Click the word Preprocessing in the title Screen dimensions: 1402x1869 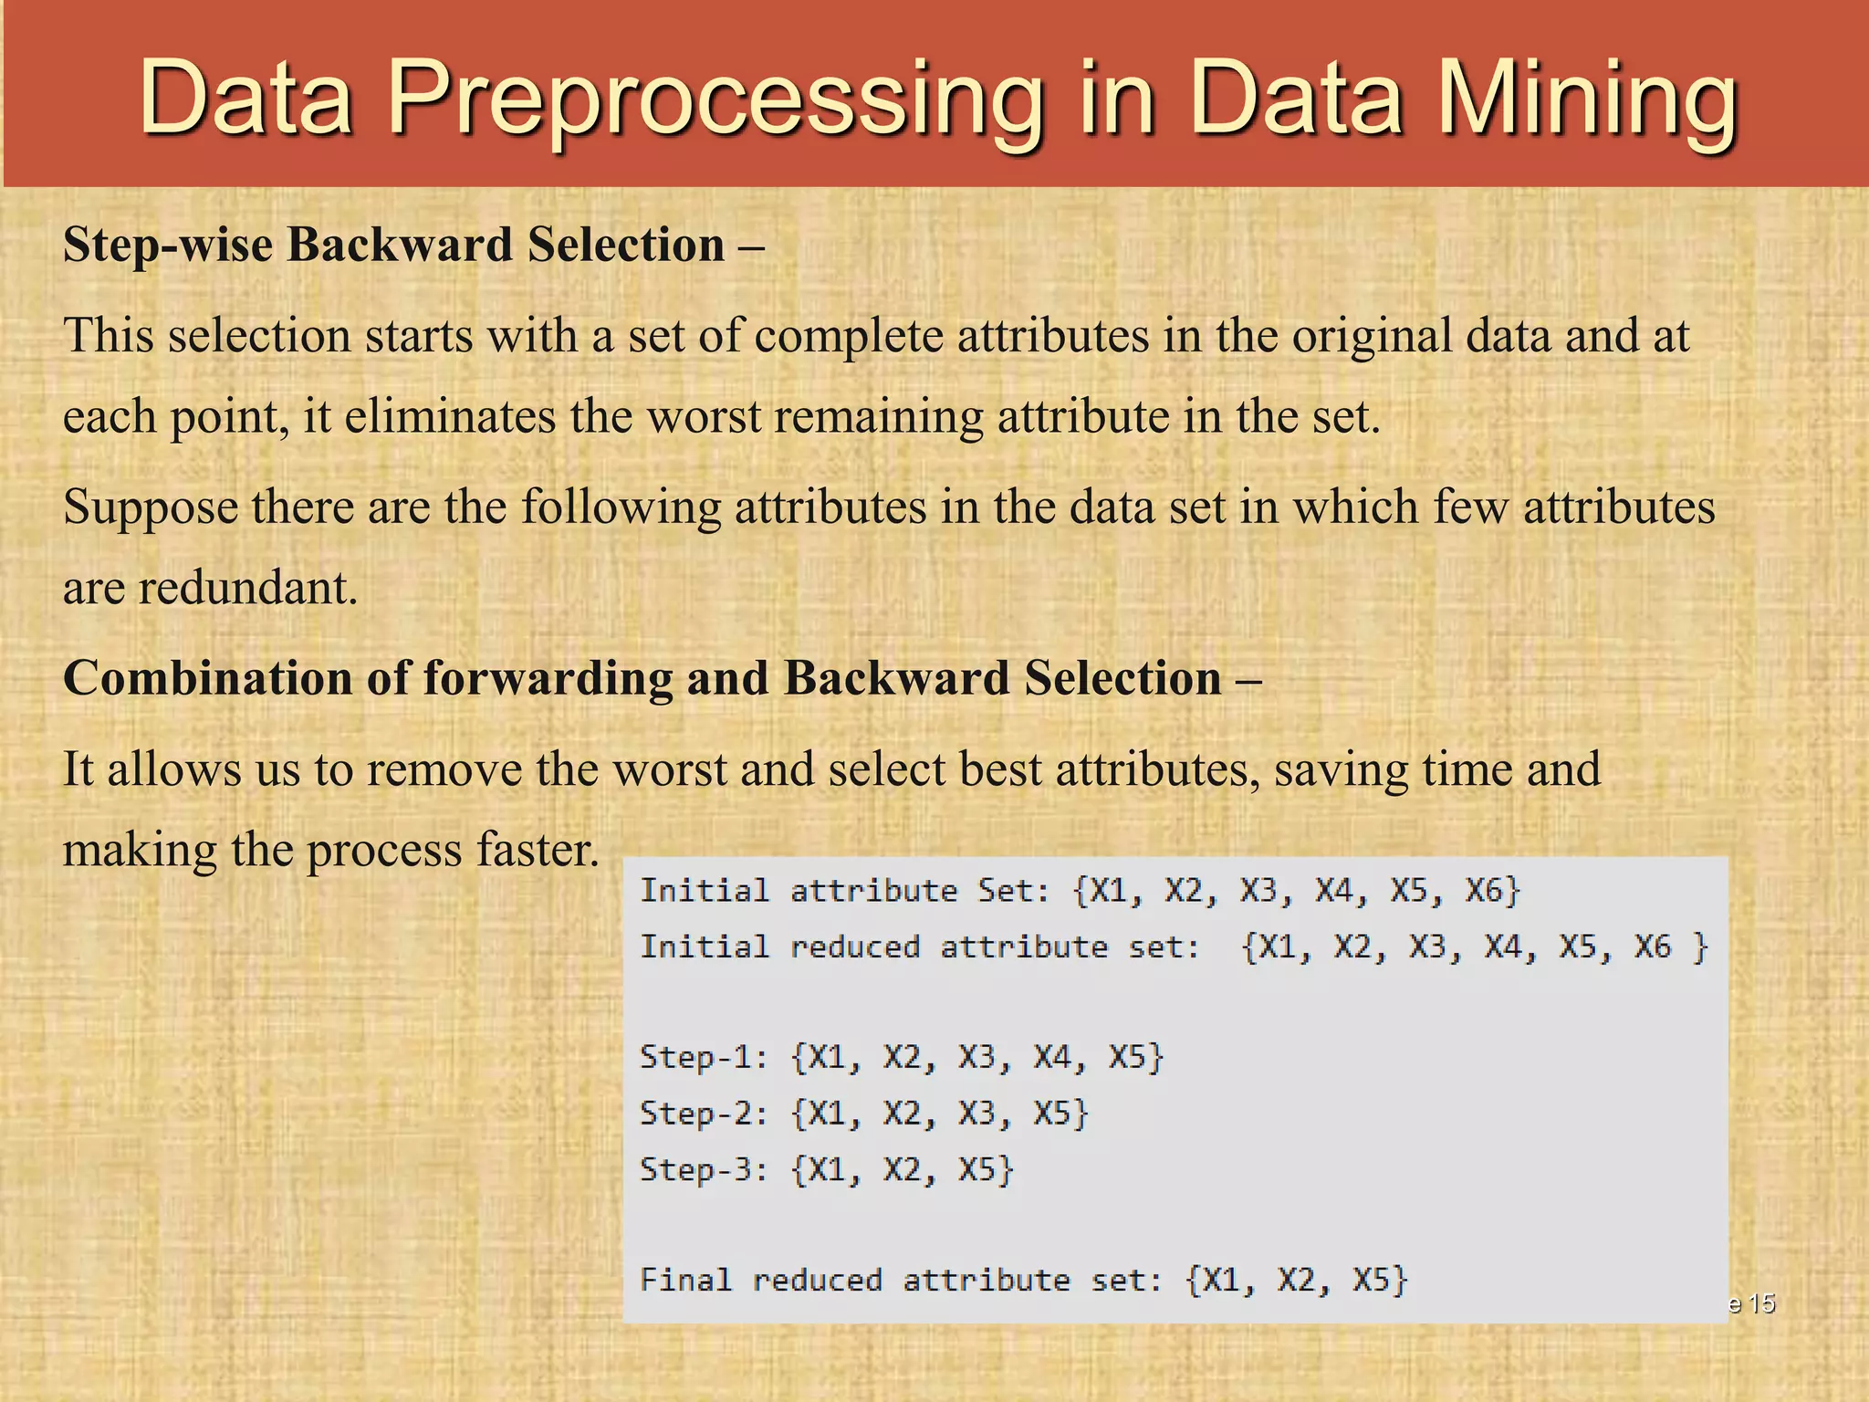coord(716,99)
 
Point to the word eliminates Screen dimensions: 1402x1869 coord(450,416)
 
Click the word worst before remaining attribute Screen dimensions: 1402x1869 coord(704,416)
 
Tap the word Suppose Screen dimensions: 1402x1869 coord(151,507)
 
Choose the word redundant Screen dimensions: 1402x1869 coord(246,588)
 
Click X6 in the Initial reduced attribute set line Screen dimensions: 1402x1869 coord(1652,947)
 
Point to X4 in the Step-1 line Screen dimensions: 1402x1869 coord(1054,1057)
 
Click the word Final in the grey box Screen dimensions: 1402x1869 coord(685,1280)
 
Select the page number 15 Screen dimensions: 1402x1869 coord(1762,1303)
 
